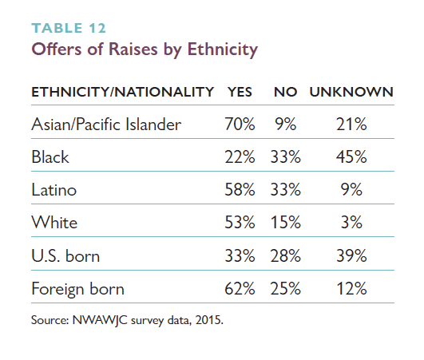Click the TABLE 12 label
pyautogui.click(x=69, y=28)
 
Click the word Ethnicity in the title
pyautogui.click(x=223, y=49)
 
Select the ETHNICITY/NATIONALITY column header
pyautogui.click(x=122, y=92)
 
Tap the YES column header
pyautogui.click(x=240, y=92)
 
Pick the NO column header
pyautogui.click(x=285, y=92)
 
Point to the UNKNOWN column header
pyautogui.click(x=351, y=92)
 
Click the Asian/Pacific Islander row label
pyautogui.click(x=106, y=125)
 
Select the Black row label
pyautogui.click(x=50, y=156)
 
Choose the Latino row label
pyautogui.click(x=54, y=190)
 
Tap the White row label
pyautogui.click(x=54, y=223)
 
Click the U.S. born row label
pyautogui.click(x=65, y=255)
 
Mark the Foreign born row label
pyautogui.click(x=78, y=289)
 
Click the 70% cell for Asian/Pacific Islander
pyautogui.click(x=240, y=125)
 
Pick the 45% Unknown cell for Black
pyautogui.click(x=351, y=156)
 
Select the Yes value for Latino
pyautogui.click(x=240, y=190)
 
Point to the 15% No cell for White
pyautogui.click(x=285, y=223)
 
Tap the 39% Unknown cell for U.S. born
pyautogui.click(x=351, y=255)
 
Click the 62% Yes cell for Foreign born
pyautogui.click(x=240, y=289)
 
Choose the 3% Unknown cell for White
pyautogui.click(x=351, y=223)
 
